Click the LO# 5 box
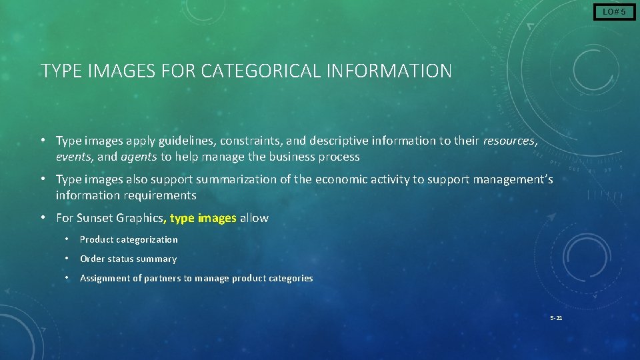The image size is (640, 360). [x=614, y=12]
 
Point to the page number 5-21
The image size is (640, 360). [x=556, y=318]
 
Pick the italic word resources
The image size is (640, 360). [x=509, y=141]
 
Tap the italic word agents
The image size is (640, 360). [x=139, y=157]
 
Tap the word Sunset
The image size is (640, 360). [x=96, y=218]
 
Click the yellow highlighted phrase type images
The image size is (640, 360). [x=203, y=218]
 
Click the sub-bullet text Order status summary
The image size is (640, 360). [x=128, y=259]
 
